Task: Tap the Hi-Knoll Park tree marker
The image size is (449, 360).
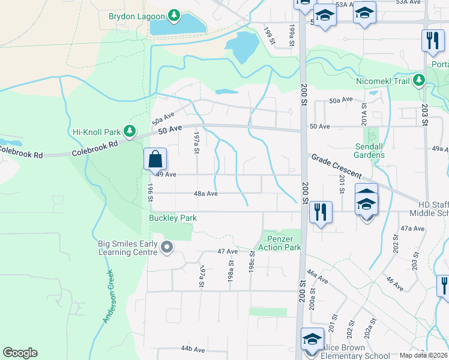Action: (x=129, y=131)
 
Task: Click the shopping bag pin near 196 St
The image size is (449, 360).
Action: (x=155, y=160)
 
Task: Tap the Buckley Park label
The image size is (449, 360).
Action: (x=173, y=218)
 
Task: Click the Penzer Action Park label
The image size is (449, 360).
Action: (x=279, y=243)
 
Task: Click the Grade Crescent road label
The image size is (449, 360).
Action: (x=336, y=166)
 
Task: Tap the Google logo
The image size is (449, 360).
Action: (x=20, y=353)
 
